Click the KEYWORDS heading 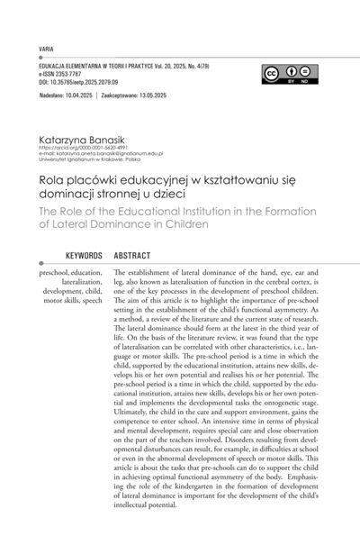(79, 256)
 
